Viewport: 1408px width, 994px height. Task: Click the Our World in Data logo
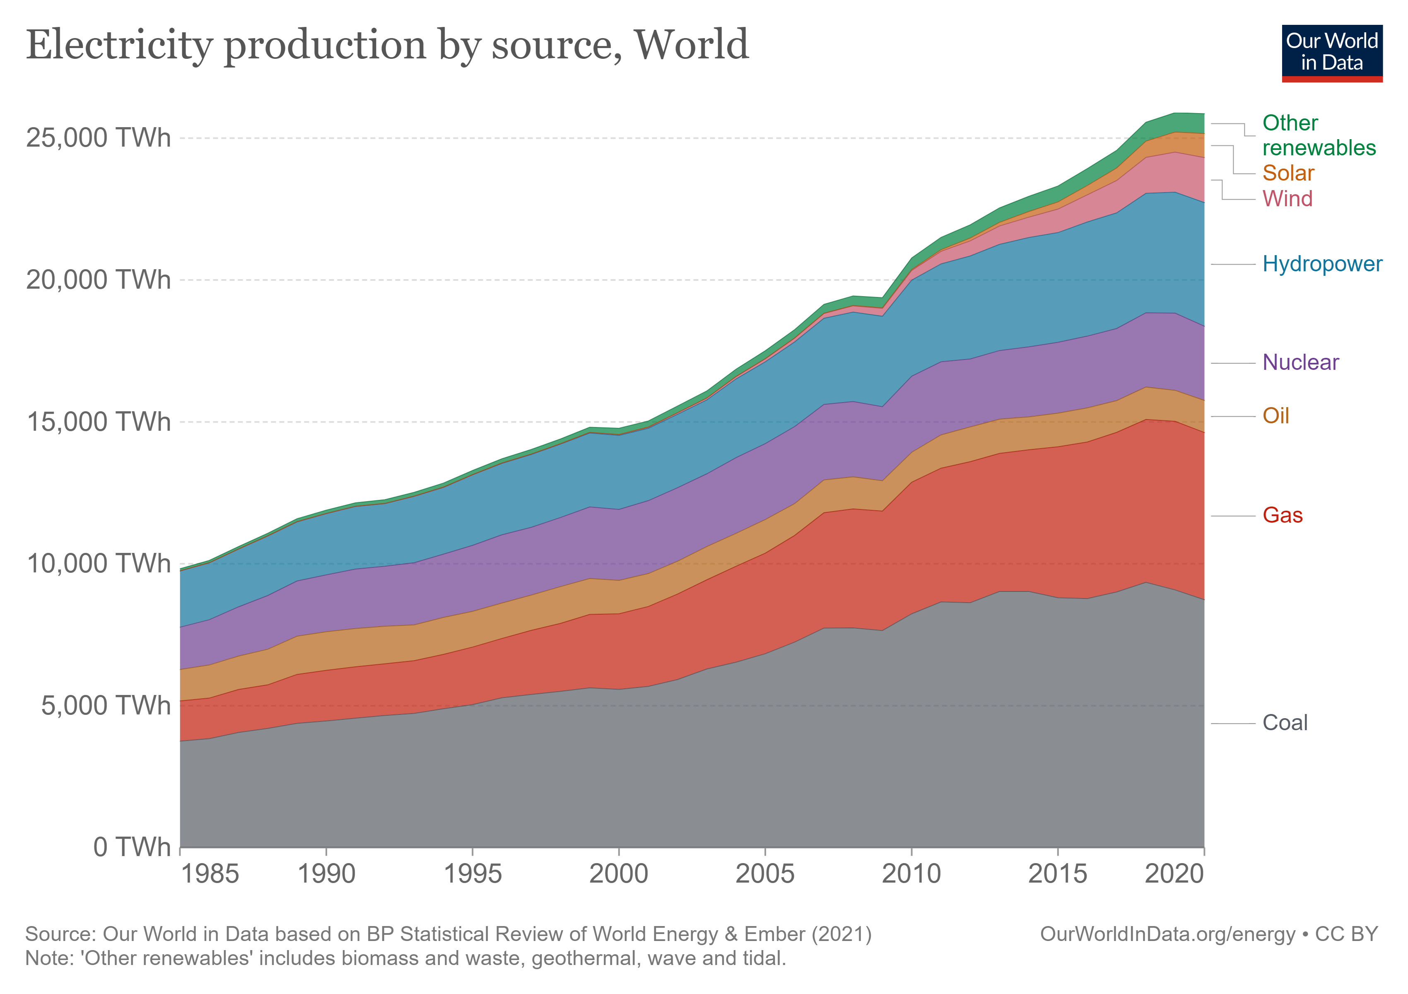(x=1331, y=53)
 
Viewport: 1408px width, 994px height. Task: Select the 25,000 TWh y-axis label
(x=98, y=138)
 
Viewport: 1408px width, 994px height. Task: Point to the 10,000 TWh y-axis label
(x=98, y=564)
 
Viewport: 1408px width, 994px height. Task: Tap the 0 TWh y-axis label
(x=131, y=847)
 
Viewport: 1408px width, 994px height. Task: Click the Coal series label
(x=1285, y=723)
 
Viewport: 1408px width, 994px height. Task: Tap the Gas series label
(x=1282, y=516)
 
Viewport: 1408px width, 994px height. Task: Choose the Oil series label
(x=1275, y=416)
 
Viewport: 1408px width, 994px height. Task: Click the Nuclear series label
(x=1300, y=363)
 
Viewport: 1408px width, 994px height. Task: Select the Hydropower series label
(x=1321, y=264)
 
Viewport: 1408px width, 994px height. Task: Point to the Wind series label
(x=1287, y=199)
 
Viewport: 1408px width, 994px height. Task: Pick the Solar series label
(x=1288, y=174)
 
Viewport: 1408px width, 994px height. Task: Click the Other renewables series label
(x=1319, y=135)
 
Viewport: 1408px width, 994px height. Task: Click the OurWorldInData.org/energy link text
(x=1168, y=934)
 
